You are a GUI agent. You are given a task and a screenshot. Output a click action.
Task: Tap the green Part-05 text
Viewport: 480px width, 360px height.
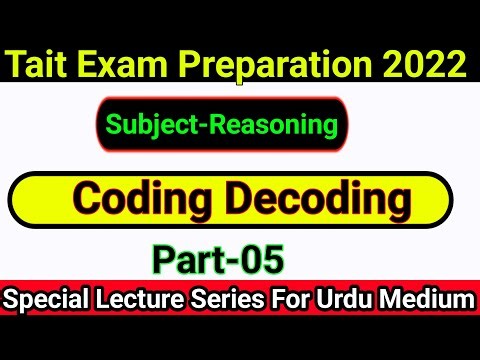(x=218, y=260)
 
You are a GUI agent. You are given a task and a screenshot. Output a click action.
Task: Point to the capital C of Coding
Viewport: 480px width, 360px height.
(x=87, y=200)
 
